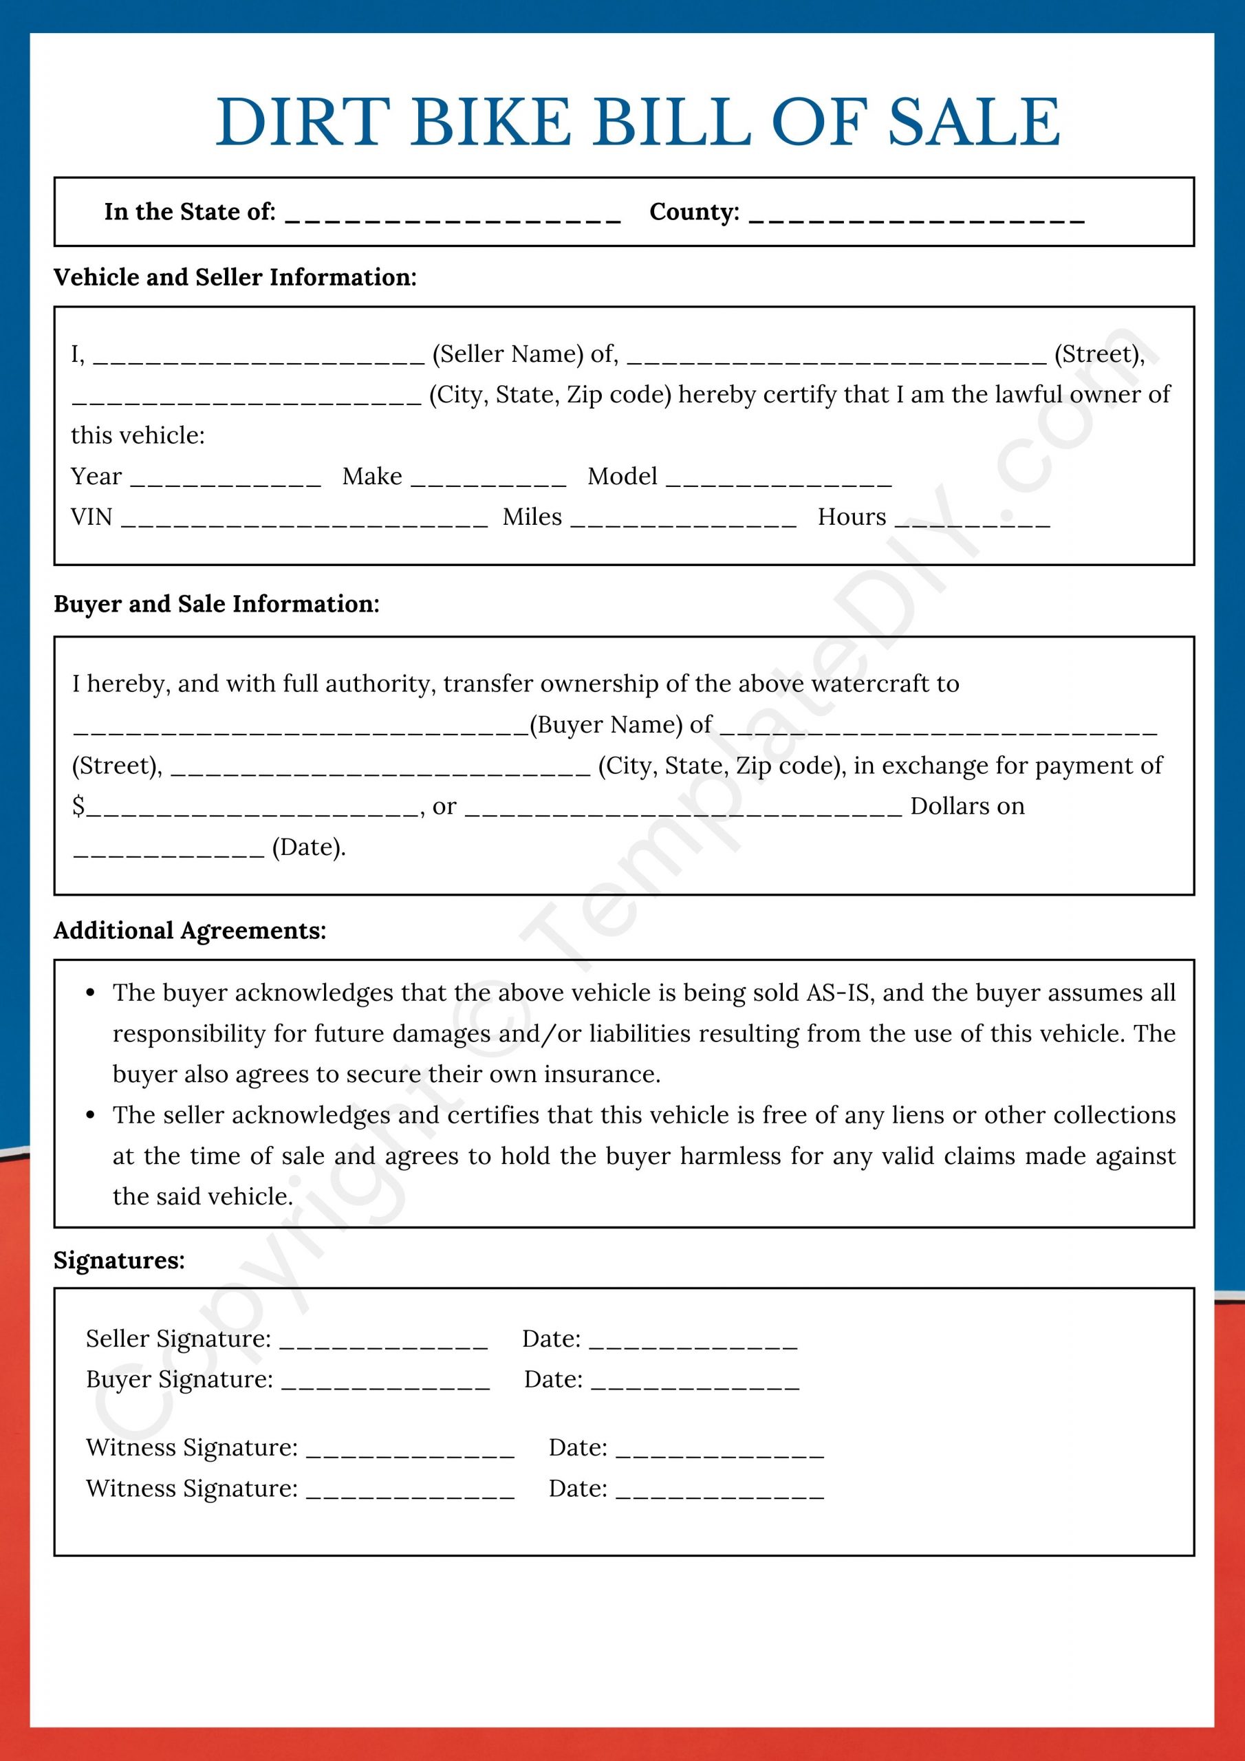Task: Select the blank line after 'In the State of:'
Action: click(453, 217)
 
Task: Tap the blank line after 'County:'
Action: click(917, 217)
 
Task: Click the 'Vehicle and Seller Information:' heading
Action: click(235, 277)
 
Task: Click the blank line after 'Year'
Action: click(226, 482)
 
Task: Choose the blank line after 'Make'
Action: click(488, 482)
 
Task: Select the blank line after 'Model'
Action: click(779, 482)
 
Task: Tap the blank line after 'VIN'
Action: click(305, 522)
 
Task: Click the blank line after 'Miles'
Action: click(684, 522)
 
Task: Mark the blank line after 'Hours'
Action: click(972, 522)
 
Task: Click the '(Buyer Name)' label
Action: click(607, 724)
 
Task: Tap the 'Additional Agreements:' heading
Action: click(189, 930)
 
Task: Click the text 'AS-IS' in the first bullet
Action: click(838, 993)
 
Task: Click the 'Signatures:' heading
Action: click(119, 1260)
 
